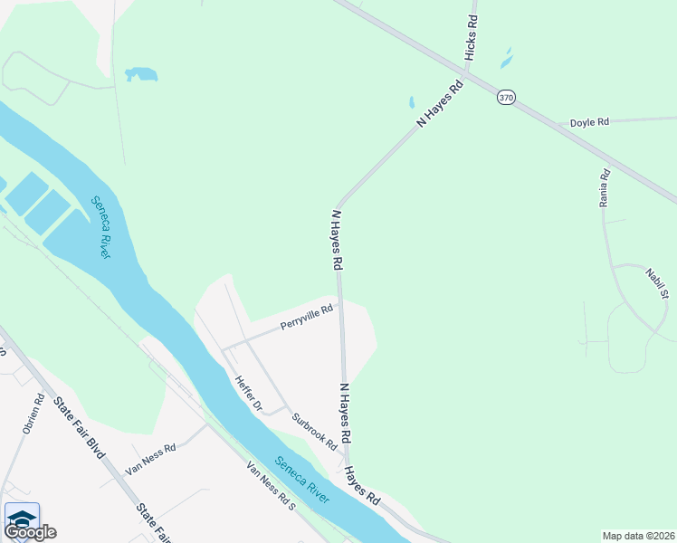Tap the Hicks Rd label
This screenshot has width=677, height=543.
pos(471,39)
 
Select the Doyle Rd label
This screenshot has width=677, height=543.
pos(589,122)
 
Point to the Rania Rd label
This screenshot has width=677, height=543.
pos(605,187)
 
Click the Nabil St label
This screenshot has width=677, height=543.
pos(657,282)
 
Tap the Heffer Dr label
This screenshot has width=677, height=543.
pos(248,395)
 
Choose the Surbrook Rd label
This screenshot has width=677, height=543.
pos(314,432)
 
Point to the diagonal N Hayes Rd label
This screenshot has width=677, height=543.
pos(440,103)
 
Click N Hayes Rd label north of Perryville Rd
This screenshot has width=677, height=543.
pos(337,241)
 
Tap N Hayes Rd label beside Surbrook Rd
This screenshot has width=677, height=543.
pos(345,413)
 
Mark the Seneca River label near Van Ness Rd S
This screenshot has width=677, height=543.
pos(302,480)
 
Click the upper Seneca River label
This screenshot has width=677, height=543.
pos(100,227)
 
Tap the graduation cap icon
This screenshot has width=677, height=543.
pos(21,517)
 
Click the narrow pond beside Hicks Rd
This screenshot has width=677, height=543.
pos(506,59)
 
